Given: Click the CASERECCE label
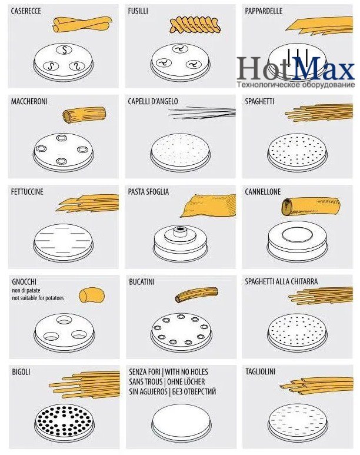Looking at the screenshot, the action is [x=26, y=11].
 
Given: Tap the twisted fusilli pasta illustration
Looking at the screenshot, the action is [x=195, y=25].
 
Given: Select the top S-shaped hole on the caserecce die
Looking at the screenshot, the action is [x=64, y=50].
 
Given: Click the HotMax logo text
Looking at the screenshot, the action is [x=295, y=68].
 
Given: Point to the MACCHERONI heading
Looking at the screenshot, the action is [x=29, y=102].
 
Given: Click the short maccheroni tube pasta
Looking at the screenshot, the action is [x=85, y=115].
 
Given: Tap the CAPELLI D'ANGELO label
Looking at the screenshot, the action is [x=153, y=102].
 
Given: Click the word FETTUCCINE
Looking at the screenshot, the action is [x=27, y=192].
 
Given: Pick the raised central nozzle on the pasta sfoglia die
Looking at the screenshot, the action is [x=181, y=231].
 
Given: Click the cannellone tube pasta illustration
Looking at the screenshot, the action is [x=311, y=206].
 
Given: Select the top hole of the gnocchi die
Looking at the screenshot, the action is [x=64, y=320].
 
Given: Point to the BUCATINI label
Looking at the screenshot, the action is [x=142, y=282].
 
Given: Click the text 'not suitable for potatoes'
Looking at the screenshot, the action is [x=38, y=298].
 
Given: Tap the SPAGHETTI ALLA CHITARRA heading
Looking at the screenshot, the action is [x=281, y=281].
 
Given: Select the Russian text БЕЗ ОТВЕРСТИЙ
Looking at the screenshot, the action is [x=194, y=392].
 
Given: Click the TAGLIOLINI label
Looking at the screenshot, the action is [x=260, y=372].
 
